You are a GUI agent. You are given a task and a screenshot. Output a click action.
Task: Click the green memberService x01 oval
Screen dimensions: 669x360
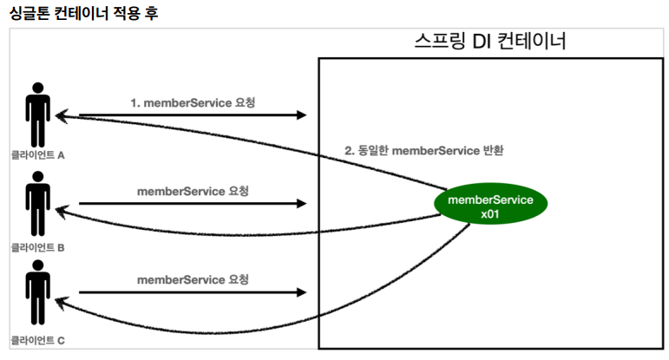490,204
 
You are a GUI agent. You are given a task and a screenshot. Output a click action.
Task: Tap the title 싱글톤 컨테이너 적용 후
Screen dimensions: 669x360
83,13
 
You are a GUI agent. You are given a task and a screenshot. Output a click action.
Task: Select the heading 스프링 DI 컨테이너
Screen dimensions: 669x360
490,41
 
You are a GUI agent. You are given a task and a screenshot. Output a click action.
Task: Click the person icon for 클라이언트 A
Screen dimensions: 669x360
37,115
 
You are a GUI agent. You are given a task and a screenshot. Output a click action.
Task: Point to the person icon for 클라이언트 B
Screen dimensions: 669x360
37,204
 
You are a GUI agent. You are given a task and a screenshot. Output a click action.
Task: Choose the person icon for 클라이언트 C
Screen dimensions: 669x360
37,292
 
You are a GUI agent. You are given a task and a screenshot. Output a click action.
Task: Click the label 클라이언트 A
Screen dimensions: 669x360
37,155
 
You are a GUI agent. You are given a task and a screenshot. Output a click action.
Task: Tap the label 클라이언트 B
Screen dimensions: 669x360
37,247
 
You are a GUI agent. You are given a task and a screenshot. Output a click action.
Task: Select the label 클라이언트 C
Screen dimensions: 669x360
37,340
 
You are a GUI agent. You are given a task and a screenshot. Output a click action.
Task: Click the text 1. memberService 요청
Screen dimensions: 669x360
193,103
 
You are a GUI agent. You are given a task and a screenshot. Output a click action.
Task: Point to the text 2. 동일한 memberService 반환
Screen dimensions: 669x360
424,151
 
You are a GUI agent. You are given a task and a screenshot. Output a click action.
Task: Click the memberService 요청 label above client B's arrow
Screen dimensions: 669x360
193,191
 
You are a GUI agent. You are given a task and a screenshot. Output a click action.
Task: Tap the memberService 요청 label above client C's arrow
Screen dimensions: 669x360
193,280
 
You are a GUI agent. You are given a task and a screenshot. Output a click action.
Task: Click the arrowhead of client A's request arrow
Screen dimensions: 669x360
302,115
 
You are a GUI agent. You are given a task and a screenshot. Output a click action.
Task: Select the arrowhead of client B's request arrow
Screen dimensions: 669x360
302,204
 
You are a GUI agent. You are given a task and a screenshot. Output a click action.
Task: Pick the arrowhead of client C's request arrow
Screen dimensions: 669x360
302,292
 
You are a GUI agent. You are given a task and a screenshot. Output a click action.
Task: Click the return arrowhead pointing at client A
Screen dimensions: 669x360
62,116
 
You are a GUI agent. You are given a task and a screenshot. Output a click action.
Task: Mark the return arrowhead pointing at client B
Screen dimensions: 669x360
62,211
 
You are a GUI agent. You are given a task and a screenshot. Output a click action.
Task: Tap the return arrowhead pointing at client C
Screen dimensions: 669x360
62,304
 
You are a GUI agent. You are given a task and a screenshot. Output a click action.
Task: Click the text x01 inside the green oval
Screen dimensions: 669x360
489,213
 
